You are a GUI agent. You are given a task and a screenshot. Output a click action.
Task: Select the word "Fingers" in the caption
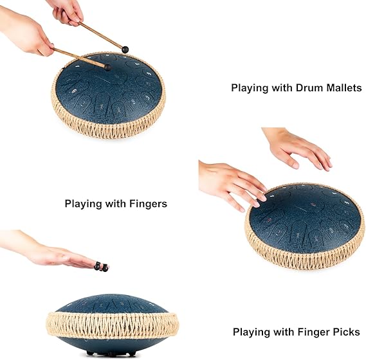click(x=148, y=204)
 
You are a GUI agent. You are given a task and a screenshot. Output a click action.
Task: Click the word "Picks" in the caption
click(x=347, y=332)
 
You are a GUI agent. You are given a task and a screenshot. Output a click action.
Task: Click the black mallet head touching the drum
click(x=107, y=67)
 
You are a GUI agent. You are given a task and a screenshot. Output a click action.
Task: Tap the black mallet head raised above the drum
click(x=125, y=50)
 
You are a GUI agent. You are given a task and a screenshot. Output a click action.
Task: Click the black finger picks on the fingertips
click(x=101, y=267)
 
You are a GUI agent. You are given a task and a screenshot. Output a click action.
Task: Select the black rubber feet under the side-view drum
click(x=111, y=353)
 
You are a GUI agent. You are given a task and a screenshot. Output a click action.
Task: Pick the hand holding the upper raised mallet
click(x=67, y=12)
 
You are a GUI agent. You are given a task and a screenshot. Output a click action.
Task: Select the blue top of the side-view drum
click(x=112, y=303)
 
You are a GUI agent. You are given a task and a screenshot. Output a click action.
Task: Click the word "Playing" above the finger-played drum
click(x=83, y=204)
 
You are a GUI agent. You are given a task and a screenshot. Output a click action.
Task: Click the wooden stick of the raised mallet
click(x=100, y=35)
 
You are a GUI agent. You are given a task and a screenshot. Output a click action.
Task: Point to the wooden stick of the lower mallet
click(x=79, y=57)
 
